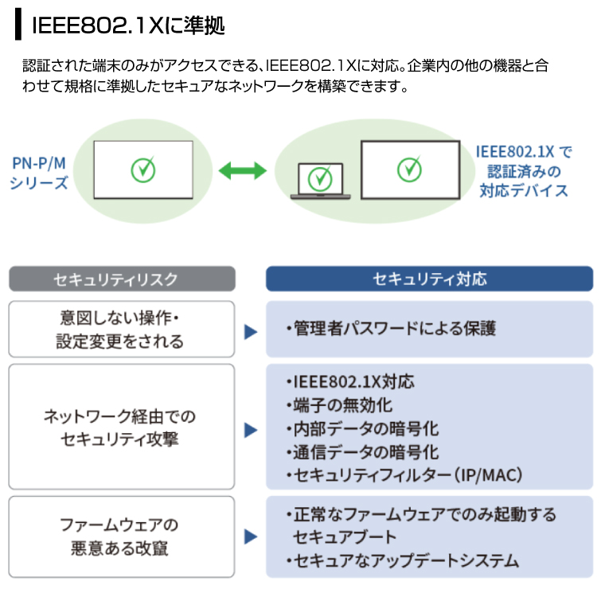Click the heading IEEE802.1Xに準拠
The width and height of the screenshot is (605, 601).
point(127,25)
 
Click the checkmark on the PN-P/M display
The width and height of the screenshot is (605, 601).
point(143,169)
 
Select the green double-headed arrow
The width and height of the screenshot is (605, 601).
point(241,170)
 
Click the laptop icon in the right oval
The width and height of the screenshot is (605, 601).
point(319,179)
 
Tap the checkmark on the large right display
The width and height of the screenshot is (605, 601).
point(409,169)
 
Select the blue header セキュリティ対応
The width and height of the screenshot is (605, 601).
point(429,279)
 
